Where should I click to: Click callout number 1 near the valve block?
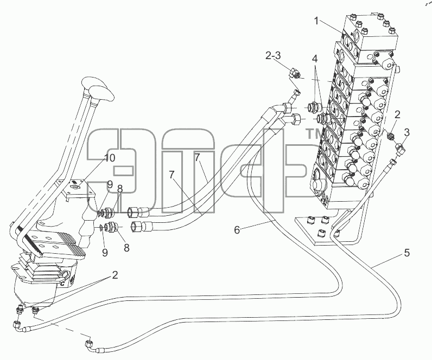click(x=317, y=21)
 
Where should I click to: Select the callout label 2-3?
click(x=273, y=56)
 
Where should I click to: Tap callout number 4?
click(x=315, y=59)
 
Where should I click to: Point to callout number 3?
click(x=406, y=132)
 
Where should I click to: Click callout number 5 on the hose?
click(x=407, y=253)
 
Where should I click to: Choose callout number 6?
click(x=237, y=229)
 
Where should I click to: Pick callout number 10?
click(x=110, y=158)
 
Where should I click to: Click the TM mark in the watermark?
click(x=313, y=134)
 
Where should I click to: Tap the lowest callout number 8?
click(x=126, y=248)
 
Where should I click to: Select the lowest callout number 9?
click(x=105, y=253)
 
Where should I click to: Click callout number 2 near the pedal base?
click(x=115, y=275)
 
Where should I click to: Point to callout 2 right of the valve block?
click(x=397, y=114)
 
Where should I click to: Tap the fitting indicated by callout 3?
click(x=401, y=149)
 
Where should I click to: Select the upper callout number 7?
click(x=196, y=157)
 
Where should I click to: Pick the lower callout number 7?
click(x=171, y=175)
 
